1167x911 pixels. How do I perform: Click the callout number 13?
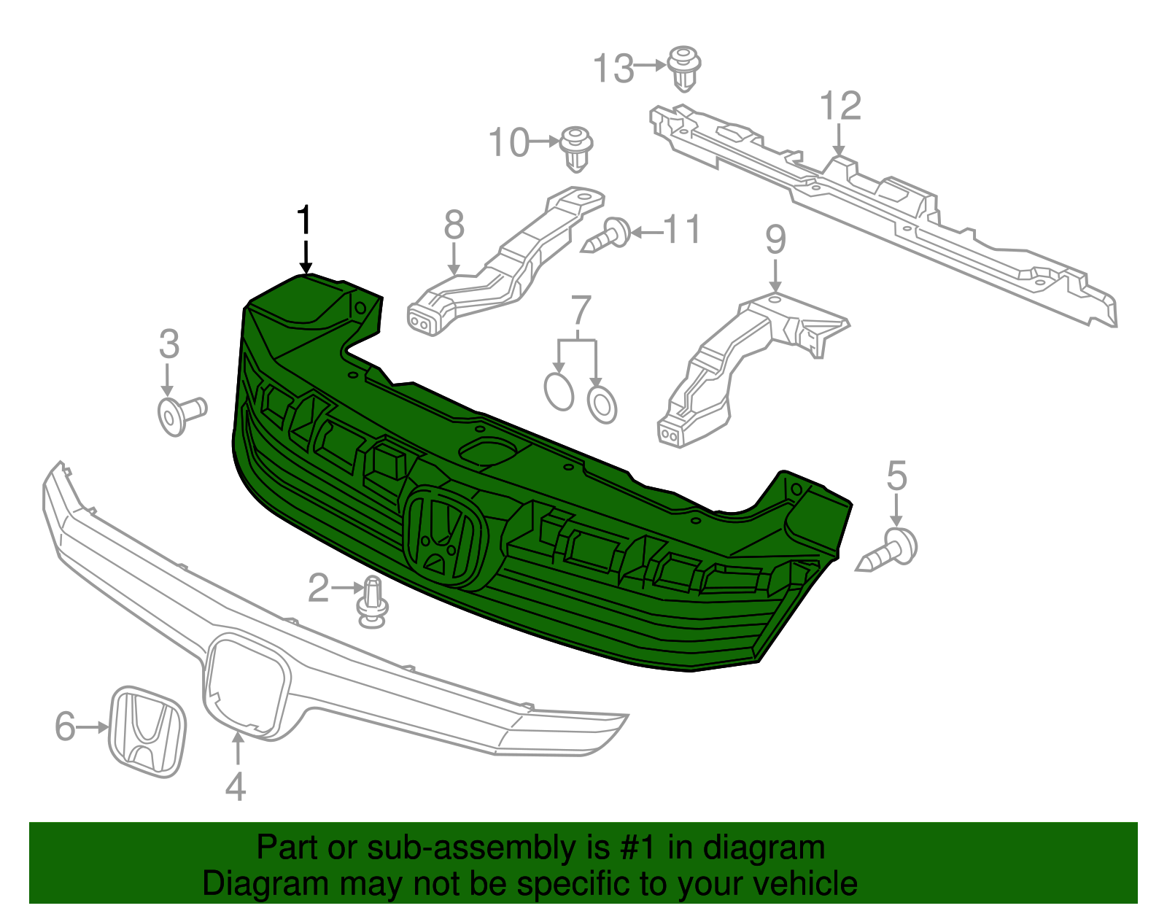(x=613, y=69)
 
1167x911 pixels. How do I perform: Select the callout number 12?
(x=840, y=106)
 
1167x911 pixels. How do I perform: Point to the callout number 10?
(x=508, y=143)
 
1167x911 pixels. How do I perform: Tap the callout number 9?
(x=775, y=240)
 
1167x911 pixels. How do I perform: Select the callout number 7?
(x=580, y=311)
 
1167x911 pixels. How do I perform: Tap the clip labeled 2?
(x=373, y=602)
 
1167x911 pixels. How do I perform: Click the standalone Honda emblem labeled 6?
(x=147, y=731)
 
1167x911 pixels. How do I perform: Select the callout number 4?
(x=236, y=787)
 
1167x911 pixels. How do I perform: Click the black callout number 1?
(x=305, y=220)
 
